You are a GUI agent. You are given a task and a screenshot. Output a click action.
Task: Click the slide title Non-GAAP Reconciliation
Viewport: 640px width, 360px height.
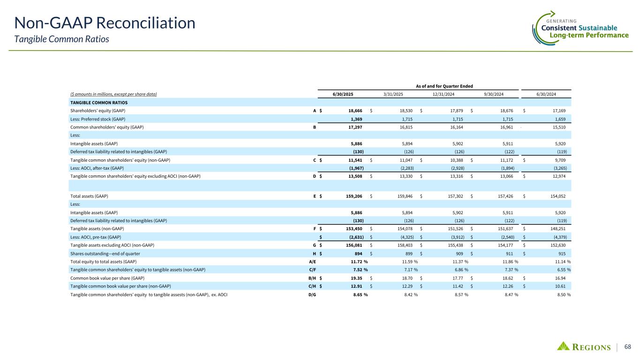tap(104, 22)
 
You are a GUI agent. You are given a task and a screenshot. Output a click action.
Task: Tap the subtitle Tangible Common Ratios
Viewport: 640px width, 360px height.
tap(62, 39)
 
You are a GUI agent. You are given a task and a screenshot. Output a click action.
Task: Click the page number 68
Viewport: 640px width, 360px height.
tap(627, 347)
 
